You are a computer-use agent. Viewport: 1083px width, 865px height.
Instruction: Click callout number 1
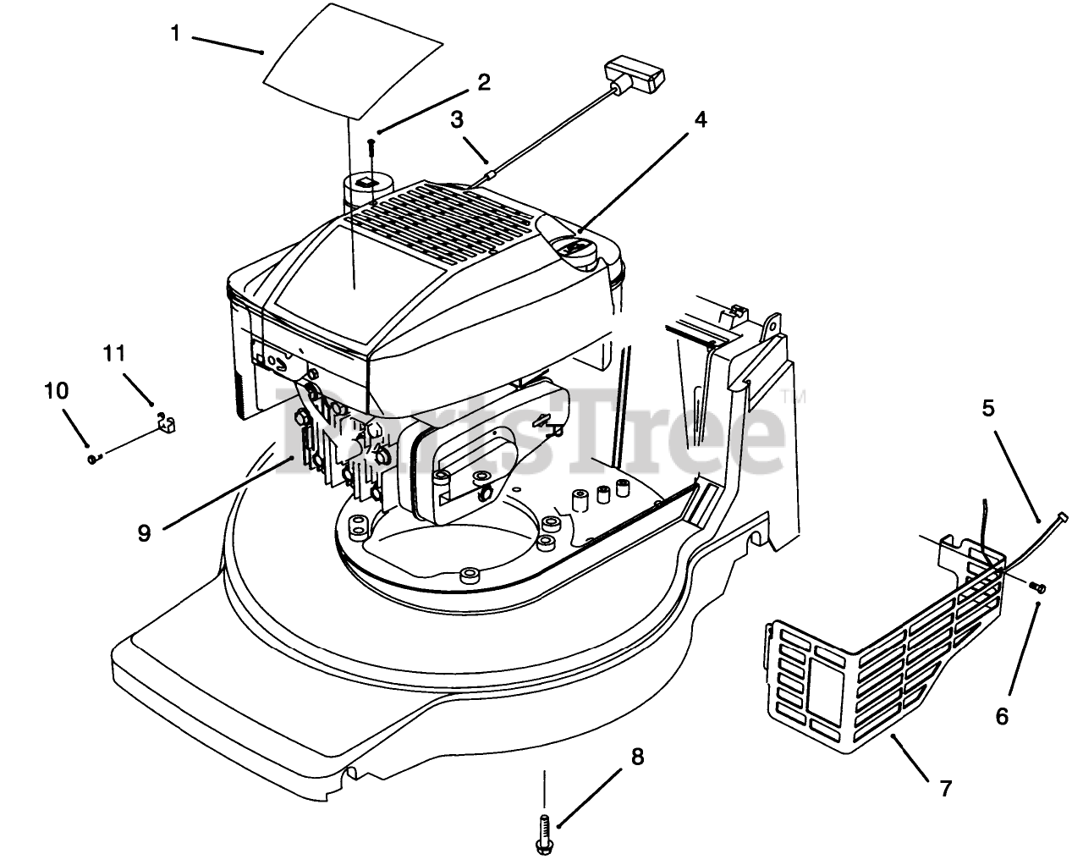tap(175, 34)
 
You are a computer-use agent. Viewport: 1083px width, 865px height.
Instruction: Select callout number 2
tap(483, 82)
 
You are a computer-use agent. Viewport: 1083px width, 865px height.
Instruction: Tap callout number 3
tap(457, 119)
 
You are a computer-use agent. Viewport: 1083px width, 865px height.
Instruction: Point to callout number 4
tap(700, 119)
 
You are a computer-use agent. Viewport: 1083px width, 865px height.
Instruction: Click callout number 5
tap(988, 408)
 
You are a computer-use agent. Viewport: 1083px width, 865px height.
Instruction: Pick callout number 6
tap(1002, 717)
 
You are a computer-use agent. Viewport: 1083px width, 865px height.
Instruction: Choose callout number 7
tap(946, 789)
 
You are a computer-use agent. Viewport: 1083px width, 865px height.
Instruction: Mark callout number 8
tap(637, 757)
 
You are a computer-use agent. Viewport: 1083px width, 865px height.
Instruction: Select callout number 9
tap(145, 533)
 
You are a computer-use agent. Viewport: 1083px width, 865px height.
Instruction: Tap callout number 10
tap(56, 391)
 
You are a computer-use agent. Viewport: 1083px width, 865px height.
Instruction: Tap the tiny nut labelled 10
tap(91, 459)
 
